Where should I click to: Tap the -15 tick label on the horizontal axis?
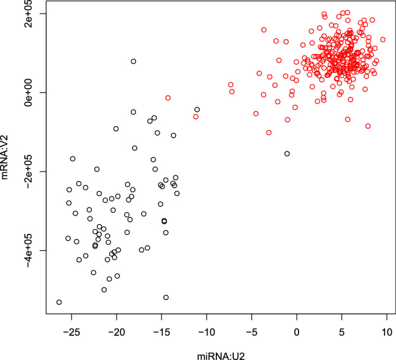pyautogui.click(x=161, y=332)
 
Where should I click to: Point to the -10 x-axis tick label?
pyautogui.click(x=206, y=332)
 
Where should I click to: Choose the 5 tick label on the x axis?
pyautogui.click(x=341, y=332)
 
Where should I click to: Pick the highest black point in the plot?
pyautogui.click(x=134, y=61)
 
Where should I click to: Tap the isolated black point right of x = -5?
pyautogui.click(x=287, y=154)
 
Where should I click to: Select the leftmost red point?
pyautogui.click(x=168, y=98)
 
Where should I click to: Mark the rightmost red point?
pyautogui.click(x=383, y=40)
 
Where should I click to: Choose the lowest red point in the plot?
pyautogui.click(x=268, y=132)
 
